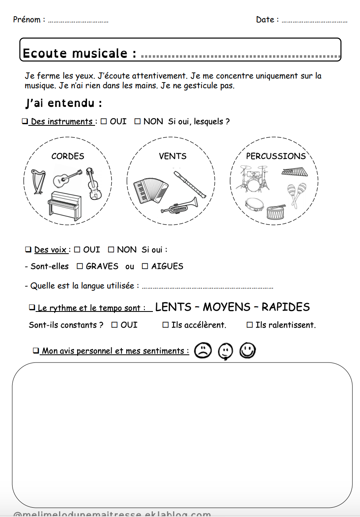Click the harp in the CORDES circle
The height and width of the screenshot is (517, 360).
tap(38, 182)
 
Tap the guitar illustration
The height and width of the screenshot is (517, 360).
tap(68, 177)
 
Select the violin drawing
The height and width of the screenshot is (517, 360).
tap(93, 184)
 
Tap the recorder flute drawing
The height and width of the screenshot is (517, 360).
tap(190, 184)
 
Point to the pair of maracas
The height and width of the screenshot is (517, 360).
tap(296, 194)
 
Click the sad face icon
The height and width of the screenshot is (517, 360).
tap(203, 351)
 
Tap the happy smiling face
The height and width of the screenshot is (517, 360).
tap(248, 351)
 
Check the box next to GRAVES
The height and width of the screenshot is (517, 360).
tap(80, 266)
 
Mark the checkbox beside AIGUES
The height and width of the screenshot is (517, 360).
tap(145, 266)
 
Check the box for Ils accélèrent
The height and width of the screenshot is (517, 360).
tap(165, 325)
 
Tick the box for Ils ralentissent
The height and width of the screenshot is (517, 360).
tap(250, 325)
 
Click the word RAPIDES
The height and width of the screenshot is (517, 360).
tap(286, 307)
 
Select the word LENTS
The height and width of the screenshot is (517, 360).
tap(173, 307)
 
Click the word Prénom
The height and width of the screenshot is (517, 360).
tap(27, 19)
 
